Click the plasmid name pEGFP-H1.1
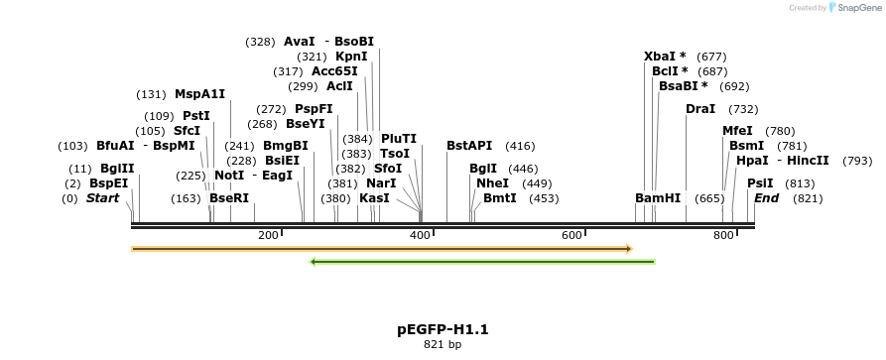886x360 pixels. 443,329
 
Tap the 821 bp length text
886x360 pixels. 443,345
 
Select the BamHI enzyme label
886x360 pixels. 658,198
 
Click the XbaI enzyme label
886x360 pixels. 665,57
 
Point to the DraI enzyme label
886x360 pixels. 700,109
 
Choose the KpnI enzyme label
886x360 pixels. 351,57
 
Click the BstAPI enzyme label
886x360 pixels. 469,146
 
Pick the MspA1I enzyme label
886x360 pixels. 199,94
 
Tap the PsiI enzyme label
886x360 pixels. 760,183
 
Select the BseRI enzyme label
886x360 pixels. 229,198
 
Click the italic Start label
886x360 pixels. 102,198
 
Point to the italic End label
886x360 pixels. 766,198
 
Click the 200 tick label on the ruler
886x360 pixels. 268,235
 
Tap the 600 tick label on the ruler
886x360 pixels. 571,235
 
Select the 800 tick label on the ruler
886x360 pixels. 723,235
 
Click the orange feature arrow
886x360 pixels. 381,249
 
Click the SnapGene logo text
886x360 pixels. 853,8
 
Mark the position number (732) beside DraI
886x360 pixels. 743,109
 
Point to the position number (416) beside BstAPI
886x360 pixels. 520,146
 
